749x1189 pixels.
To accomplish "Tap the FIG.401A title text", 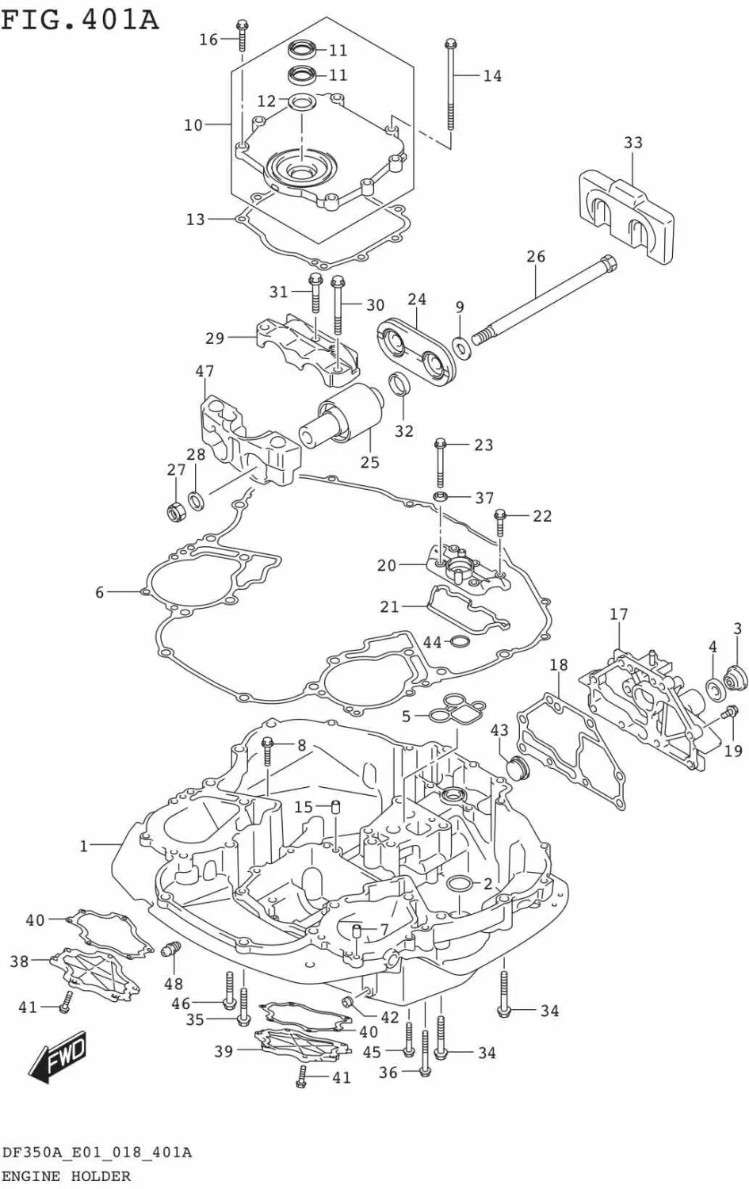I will [x=79, y=19].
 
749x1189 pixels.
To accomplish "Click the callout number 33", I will [x=632, y=143].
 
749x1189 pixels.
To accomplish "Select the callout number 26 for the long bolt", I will [x=536, y=256].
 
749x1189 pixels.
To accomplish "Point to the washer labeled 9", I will [x=460, y=346].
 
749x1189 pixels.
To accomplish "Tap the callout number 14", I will [x=492, y=76].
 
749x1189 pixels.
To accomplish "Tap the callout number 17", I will [x=619, y=614].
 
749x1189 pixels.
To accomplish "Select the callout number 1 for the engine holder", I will [x=84, y=847].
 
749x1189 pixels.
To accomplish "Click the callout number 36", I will [x=388, y=1072].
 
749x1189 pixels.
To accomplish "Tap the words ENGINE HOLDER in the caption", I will [x=67, y=1176].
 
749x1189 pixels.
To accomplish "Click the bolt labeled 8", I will [x=267, y=749].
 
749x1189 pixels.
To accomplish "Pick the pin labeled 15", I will [x=335, y=808].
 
